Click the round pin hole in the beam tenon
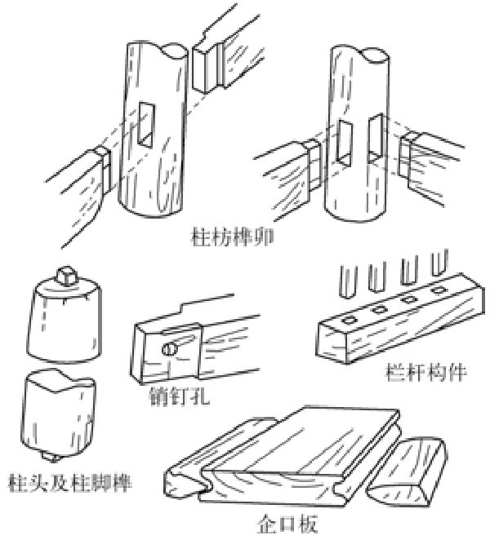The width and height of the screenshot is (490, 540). pos(167,350)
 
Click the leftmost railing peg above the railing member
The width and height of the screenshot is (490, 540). pos(346,277)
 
